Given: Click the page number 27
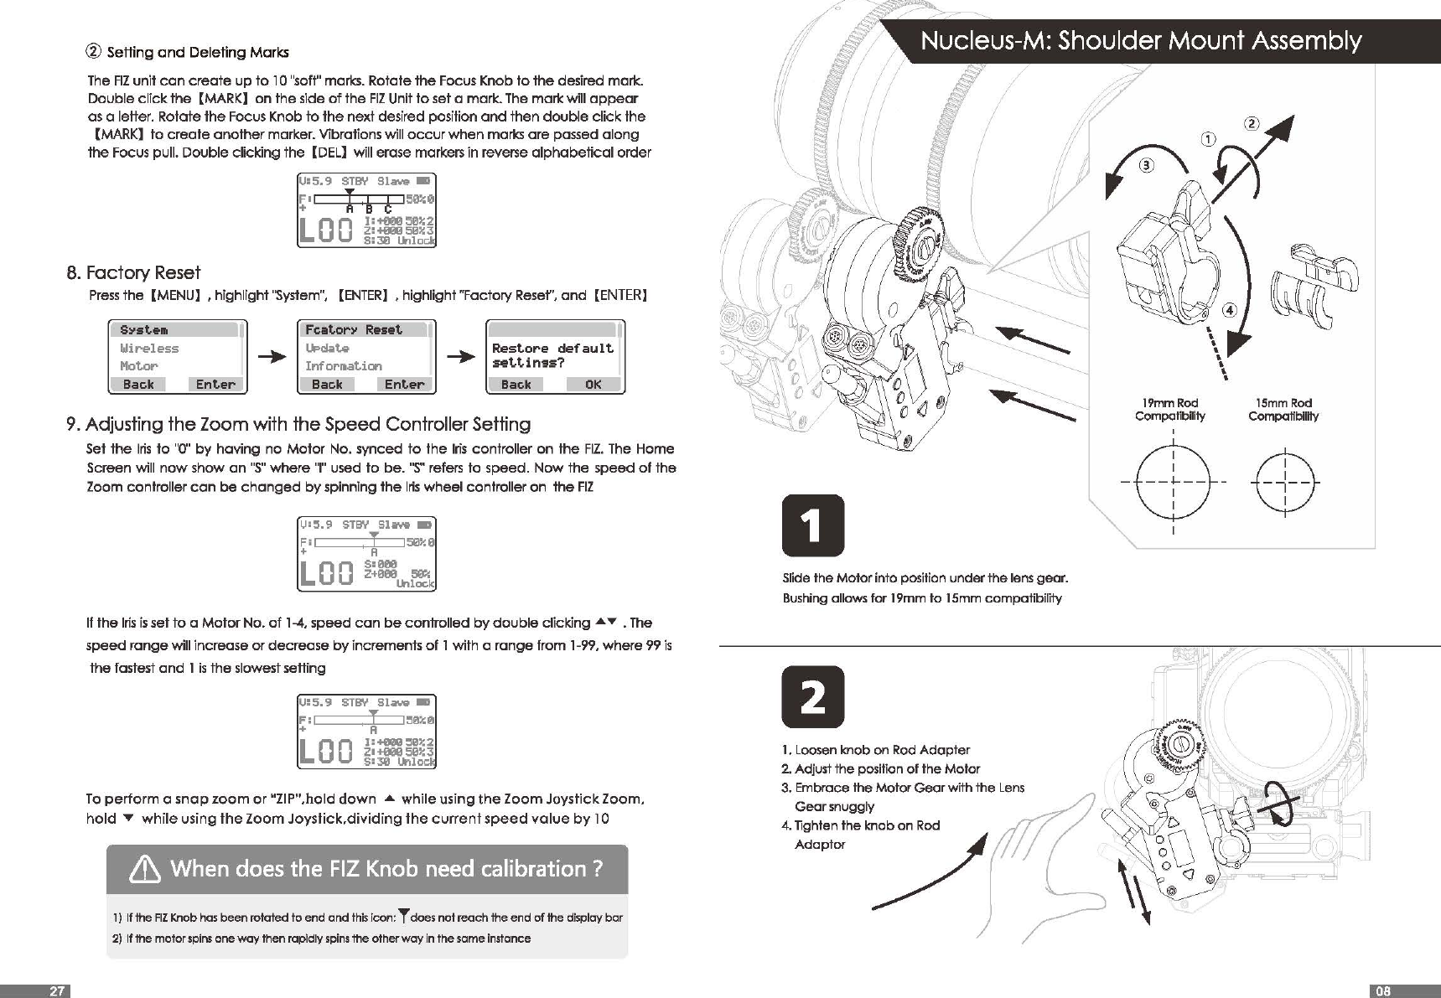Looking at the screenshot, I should [56, 991].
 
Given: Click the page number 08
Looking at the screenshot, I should [1383, 991].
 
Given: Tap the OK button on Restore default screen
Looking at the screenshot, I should [593, 385].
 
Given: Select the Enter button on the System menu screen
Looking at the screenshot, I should [215, 385].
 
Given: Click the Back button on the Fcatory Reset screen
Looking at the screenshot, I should [327, 385].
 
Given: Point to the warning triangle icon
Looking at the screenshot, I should [145, 871].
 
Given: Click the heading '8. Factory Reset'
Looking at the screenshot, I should [133, 273].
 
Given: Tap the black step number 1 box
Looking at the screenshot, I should [812, 526].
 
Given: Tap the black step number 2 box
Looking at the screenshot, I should [812, 697].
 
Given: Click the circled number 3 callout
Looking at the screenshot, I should [1146, 165].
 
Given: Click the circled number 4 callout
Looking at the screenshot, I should [1230, 310].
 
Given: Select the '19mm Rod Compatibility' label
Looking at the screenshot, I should [1169, 410].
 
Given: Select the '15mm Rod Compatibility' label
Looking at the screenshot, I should [1283, 410].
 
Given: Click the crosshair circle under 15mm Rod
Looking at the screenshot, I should [1284, 483].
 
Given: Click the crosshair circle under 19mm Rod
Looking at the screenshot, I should [1173, 483].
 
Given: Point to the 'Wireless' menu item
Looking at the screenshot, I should [149, 349].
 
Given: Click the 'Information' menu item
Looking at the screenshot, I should [343, 366].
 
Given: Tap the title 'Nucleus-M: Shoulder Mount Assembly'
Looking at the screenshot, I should [1141, 41].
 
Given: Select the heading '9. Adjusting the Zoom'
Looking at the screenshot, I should [298, 424].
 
